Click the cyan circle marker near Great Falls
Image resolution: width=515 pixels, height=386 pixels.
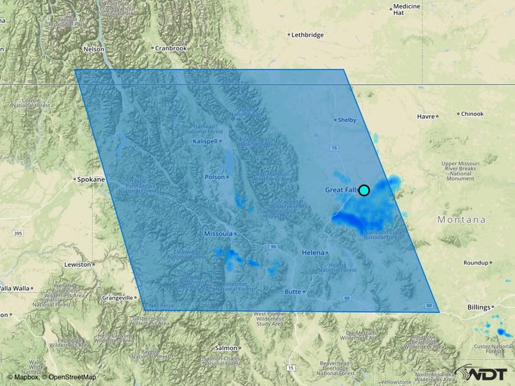[364, 190]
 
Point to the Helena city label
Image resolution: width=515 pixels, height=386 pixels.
[313, 253]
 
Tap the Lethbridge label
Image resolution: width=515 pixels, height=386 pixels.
[307, 34]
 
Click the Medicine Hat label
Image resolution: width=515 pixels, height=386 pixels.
[407, 10]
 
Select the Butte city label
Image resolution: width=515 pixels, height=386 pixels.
[294, 292]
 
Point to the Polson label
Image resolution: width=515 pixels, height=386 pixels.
[215, 176]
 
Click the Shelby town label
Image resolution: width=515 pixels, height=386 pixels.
[346, 120]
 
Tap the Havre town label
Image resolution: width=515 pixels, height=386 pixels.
[425, 116]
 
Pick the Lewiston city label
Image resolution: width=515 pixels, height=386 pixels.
[78, 264]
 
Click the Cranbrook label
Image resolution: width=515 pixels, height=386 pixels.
[171, 48]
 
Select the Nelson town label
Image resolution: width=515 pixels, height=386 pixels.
[93, 50]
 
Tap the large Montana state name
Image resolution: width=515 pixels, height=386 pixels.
[461, 220]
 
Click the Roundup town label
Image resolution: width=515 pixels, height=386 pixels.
[476, 263]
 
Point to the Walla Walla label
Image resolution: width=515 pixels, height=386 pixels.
[14, 287]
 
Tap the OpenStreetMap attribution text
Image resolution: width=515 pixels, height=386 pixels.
[70, 377]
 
